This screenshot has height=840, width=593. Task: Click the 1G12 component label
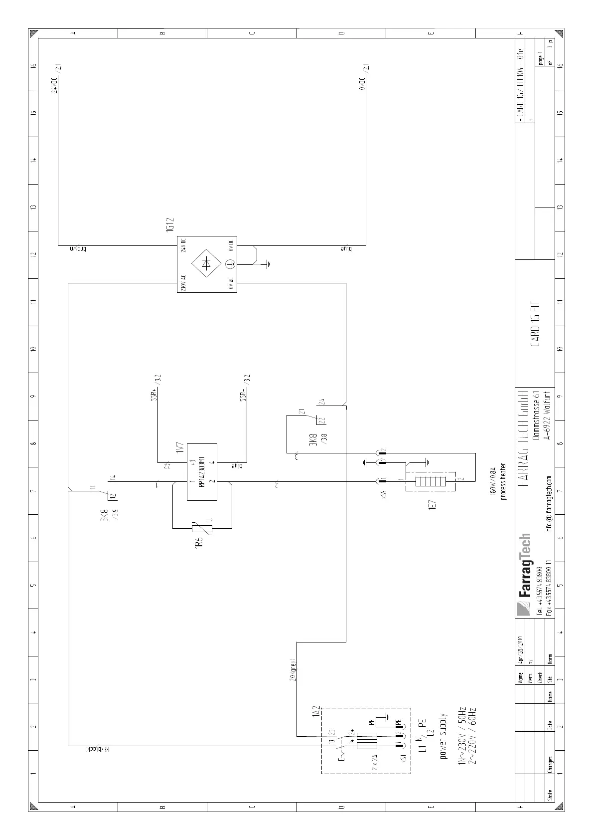click(169, 224)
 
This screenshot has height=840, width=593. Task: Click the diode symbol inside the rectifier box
click(207, 264)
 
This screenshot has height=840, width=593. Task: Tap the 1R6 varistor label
click(198, 543)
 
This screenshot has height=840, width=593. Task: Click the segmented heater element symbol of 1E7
click(431, 482)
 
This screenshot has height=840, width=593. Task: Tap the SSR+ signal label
click(154, 394)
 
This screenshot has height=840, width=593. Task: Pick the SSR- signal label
click(243, 394)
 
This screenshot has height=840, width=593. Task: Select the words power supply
click(444, 743)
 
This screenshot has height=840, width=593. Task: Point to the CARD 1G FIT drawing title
click(535, 324)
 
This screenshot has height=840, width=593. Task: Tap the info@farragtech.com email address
click(549, 504)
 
